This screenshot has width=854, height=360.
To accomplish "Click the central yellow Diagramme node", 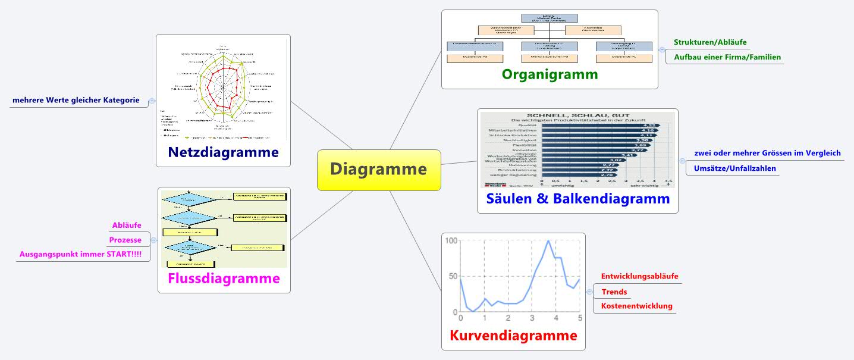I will click(379, 170).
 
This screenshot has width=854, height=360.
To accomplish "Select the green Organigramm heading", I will click(550, 74).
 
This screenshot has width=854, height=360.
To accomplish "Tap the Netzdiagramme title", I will click(224, 152).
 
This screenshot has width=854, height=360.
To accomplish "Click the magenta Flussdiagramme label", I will click(224, 278).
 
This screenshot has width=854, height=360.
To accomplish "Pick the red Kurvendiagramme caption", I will click(513, 336).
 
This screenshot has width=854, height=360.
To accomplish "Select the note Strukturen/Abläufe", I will click(710, 43).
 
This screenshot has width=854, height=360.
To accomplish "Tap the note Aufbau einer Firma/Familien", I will click(727, 57).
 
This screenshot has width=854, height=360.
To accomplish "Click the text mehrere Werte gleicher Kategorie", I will click(76, 100).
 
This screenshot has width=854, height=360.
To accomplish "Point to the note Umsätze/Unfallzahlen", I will click(734, 168).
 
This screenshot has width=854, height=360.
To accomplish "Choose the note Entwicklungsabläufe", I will click(639, 277).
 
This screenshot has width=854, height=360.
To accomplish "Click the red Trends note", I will click(614, 292).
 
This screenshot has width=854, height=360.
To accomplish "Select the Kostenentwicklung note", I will click(637, 306).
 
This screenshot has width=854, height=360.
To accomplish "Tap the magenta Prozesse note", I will click(125, 240).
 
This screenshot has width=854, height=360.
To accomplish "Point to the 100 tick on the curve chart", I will click(450, 240).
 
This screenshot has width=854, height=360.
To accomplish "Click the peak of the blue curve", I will click(548, 240).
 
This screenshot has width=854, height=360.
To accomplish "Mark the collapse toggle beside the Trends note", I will click(589, 292).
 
